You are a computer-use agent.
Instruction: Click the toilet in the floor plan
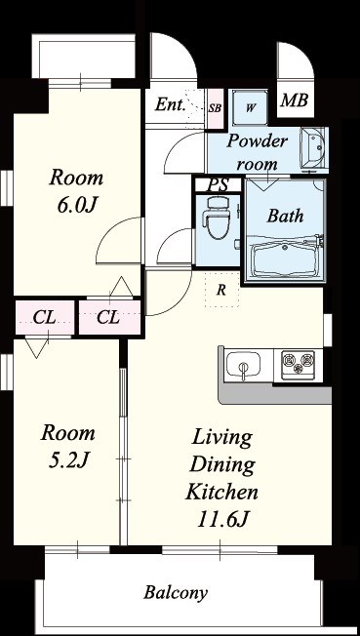(214, 219)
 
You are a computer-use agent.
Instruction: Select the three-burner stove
(299, 363)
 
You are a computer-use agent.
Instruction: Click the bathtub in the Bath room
(285, 258)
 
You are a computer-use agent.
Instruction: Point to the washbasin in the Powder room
(313, 146)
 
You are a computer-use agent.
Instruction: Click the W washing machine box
(251, 108)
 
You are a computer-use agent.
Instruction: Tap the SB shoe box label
(215, 108)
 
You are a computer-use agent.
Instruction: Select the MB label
(295, 100)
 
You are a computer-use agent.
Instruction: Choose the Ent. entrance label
(171, 104)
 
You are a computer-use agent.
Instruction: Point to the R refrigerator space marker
(221, 291)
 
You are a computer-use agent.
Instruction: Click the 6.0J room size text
(76, 206)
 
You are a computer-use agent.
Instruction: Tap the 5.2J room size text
(68, 460)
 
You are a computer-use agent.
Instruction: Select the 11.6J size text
(221, 519)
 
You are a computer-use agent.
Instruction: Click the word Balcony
(176, 593)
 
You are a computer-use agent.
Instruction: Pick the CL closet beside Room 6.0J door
(109, 318)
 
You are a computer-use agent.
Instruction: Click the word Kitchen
(222, 492)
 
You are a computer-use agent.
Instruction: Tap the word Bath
(285, 217)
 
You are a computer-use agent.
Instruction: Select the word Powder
(257, 141)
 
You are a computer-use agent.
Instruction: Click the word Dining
(222, 465)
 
